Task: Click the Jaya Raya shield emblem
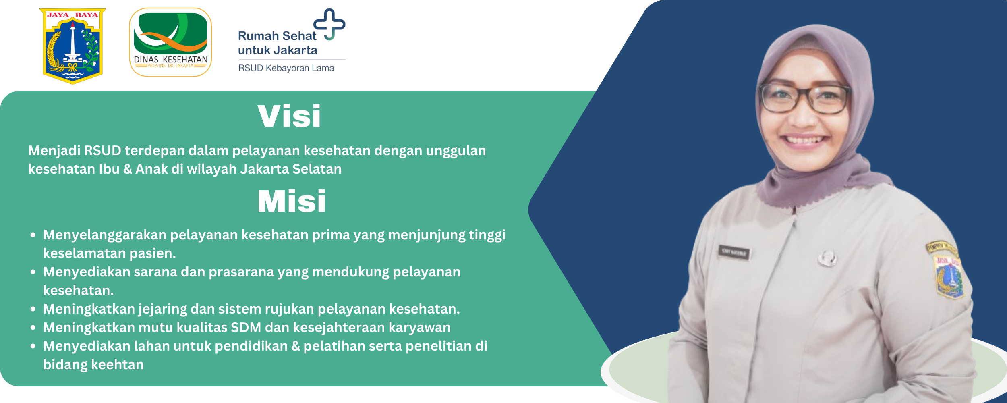pyautogui.click(x=73, y=46)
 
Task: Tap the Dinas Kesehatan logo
pyautogui.click(x=170, y=42)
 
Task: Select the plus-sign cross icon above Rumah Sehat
pyautogui.click(x=329, y=24)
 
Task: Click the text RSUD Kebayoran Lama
pyautogui.click(x=286, y=68)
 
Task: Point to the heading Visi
pyautogui.click(x=289, y=116)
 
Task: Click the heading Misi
pyautogui.click(x=292, y=201)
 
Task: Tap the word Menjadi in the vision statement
pyautogui.click(x=54, y=151)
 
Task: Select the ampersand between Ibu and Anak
pyautogui.click(x=128, y=169)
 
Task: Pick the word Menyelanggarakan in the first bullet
pyautogui.click(x=105, y=235)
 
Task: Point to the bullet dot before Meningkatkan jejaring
pyautogui.click(x=33, y=310)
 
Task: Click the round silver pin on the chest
pyautogui.click(x=827, y=258)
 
